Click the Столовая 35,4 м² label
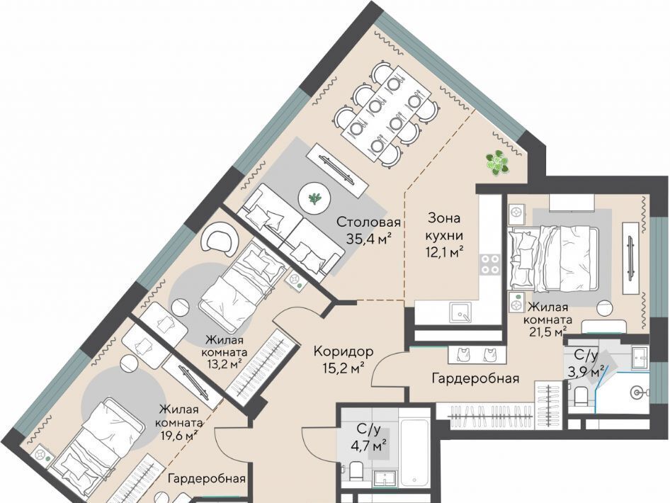pyautogui.click(x=368, y=231)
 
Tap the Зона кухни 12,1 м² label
pyautogui.click(x=444, y=235)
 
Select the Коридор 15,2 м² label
pyautogui.click(x=343, y=360)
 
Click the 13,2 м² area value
pyautogui.click(x=224, y=365)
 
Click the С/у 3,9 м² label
pyautogui.click(x=589, y=363)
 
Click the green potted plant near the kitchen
pyautogui.click(x=497, y=162)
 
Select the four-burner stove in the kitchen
pyautogui.click(x=489, y=264)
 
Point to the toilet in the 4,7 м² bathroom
pyautogui.click(x=355, y=471)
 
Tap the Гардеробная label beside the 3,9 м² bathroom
pyautogui.click(x=475, y=378)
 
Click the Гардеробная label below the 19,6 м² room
pyautogui.click(x=207, y=477)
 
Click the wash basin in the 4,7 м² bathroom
pyautogui.click(x=385, y=478)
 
